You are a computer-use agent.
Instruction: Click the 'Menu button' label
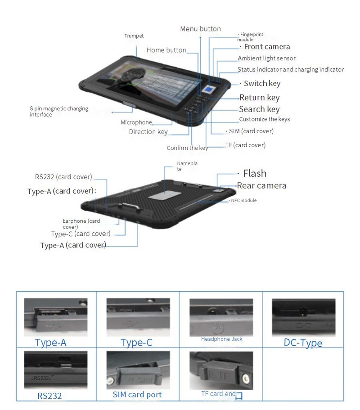click(200, 29)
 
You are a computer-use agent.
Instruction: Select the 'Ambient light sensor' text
click(266, 59)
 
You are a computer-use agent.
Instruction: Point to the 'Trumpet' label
click(134, 36)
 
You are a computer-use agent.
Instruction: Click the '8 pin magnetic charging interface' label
click(59, 112)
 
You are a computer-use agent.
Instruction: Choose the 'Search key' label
click(259, 109)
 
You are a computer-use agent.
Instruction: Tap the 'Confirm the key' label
click(187, 148)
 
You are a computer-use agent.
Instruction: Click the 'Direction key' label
click(148, 132)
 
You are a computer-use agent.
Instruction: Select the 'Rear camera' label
click(261, 185)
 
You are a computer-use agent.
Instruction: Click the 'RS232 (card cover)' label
click(63, 177)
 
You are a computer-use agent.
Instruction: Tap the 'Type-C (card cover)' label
click(81, 234)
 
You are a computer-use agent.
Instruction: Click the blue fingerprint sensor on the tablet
click(210, 89)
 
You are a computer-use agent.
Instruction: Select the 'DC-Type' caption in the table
click(303, 343)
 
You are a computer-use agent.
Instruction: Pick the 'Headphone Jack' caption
click(221, 339)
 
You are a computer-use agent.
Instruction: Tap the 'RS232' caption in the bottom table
click(49, 396)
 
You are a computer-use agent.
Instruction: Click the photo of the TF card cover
click(220, 370)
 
